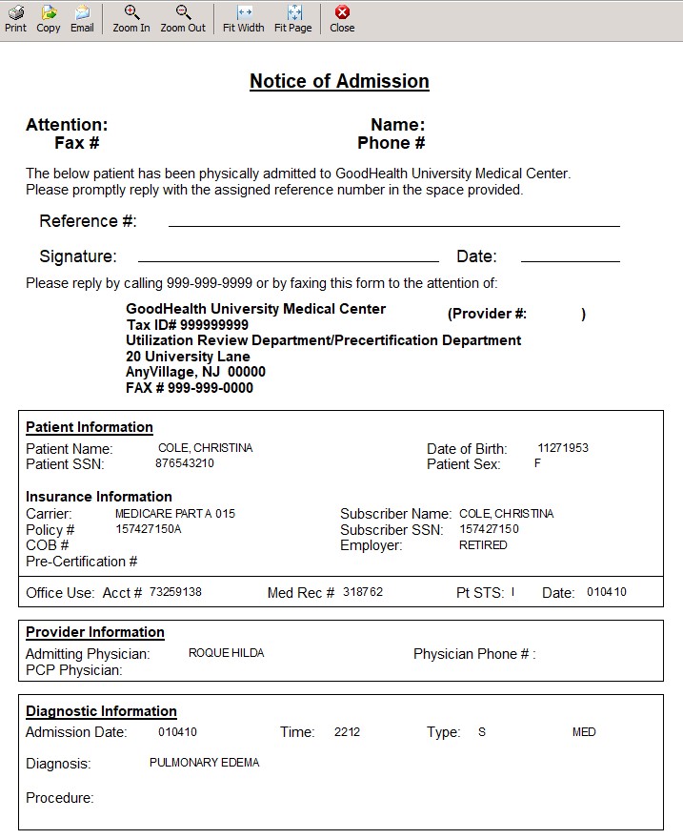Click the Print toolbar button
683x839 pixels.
(15, 18)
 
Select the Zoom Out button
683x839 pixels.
(183, 18)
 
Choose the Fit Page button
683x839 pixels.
(293, 18)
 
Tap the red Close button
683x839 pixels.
(342, 18)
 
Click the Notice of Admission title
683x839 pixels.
(339, 81)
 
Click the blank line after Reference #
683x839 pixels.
(393, 225)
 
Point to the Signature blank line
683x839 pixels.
(288, 259)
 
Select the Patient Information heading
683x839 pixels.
(90, 427)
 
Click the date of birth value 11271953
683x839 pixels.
(563, 448)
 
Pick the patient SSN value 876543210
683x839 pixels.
(185, 463)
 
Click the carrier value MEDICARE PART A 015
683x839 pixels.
(174, 514)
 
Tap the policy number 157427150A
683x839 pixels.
(149, 529)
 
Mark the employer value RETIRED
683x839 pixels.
(483, 545)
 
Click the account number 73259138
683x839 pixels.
(175, 592)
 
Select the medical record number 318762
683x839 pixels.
(363, 592)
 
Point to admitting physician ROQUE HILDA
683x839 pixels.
(226, 653)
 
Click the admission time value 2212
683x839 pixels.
(347, 732)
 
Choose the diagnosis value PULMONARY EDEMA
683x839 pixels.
(204, 763)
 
